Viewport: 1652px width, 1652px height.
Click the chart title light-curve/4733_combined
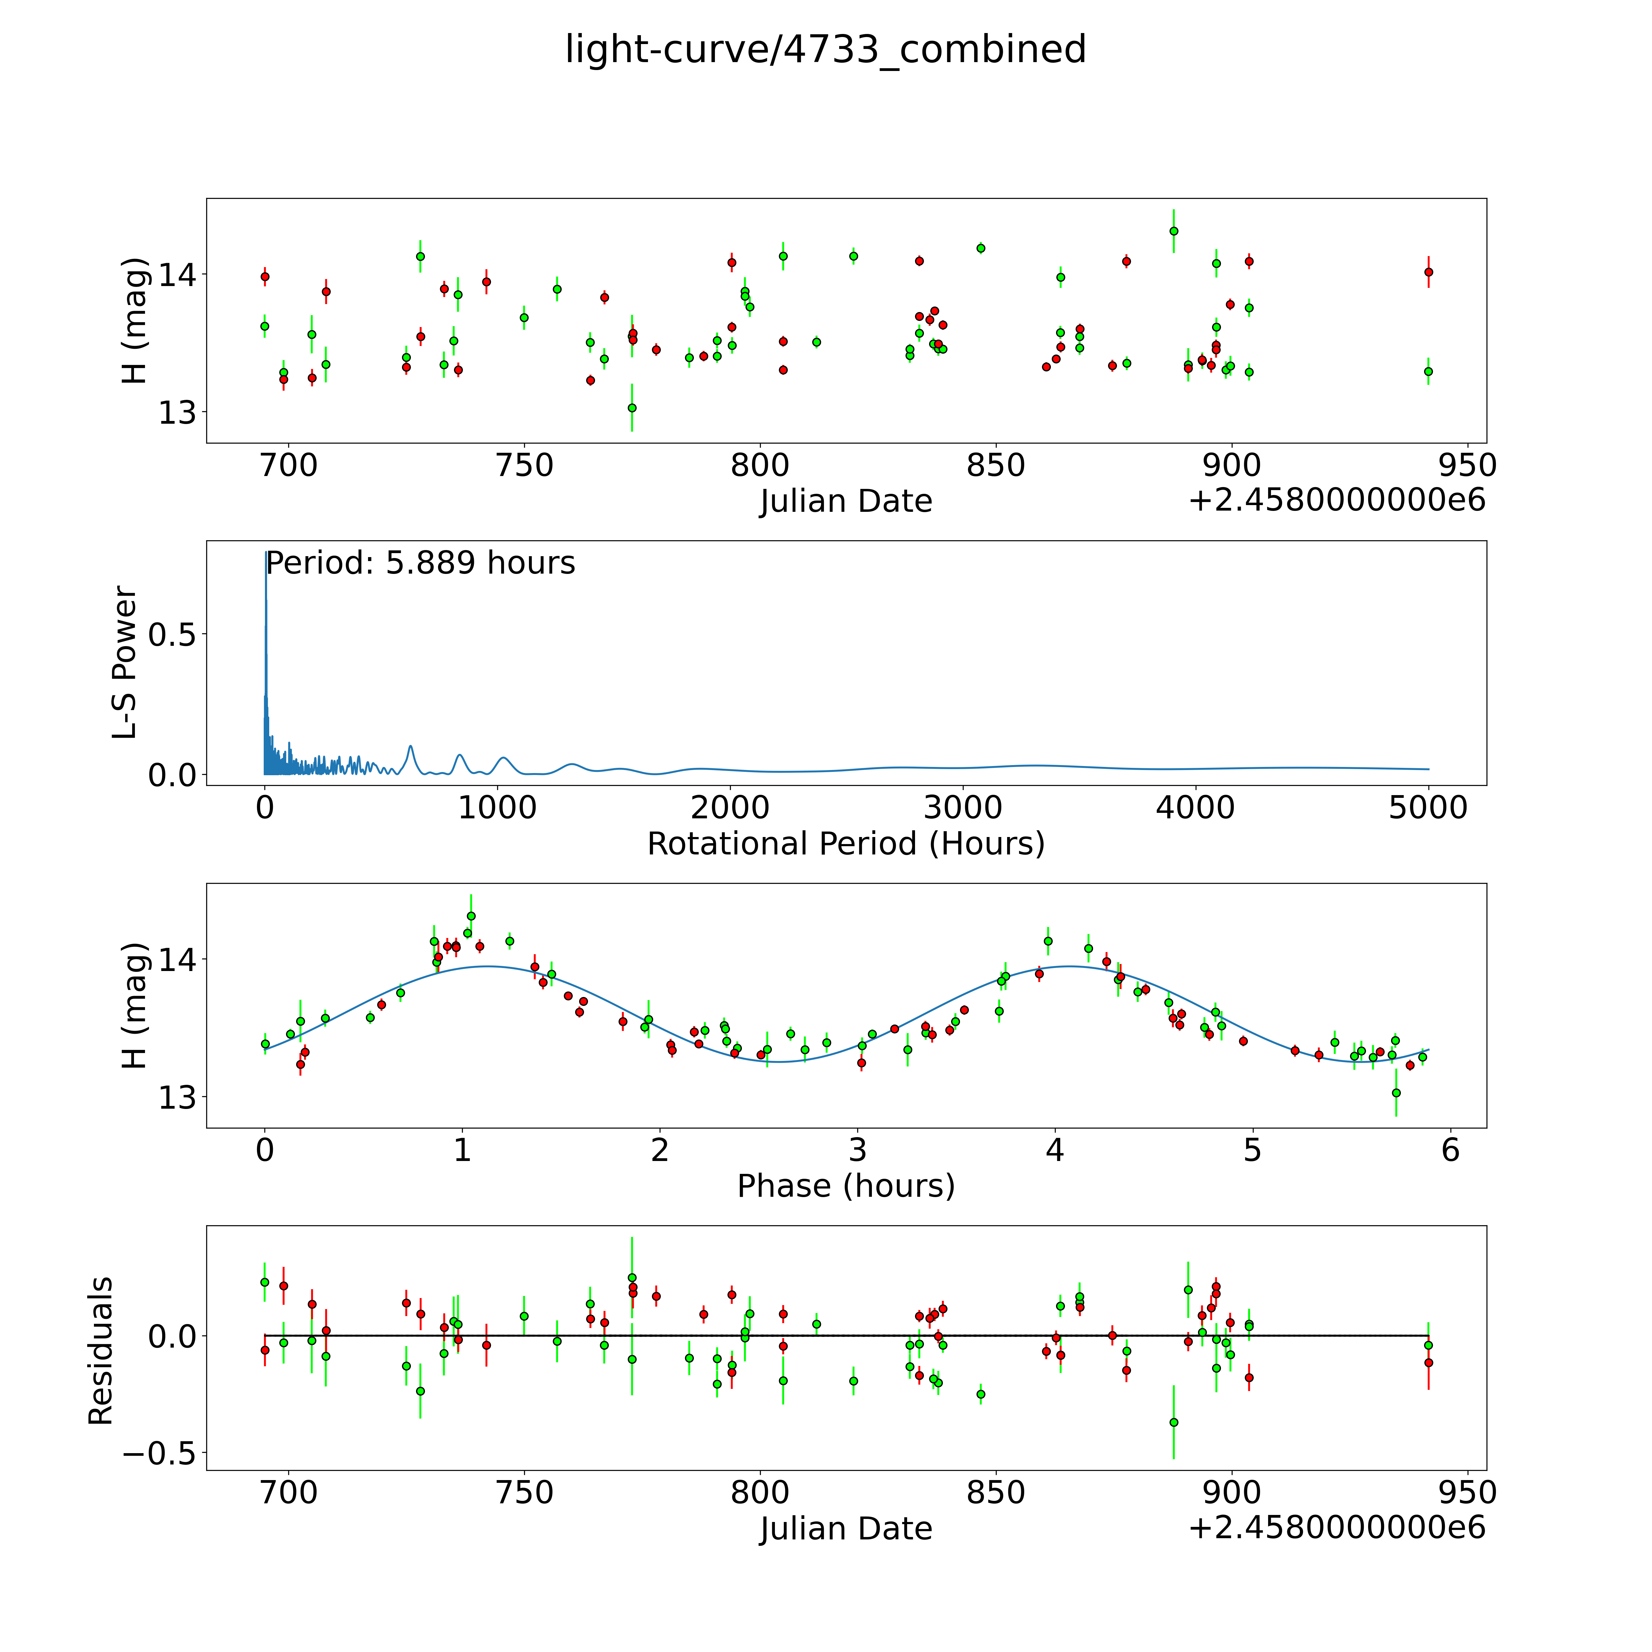pyautogui.click(x=825, y=50)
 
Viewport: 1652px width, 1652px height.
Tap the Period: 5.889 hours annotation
pyautogui.click(x=420, y=564)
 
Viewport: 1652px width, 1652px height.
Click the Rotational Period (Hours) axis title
pyautogui.click(x=846, y=844)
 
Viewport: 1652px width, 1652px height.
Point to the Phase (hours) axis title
pyautogui.click(x=846, y=1186)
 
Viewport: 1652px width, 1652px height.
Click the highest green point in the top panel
pyautogui.click(x=1173, y=231)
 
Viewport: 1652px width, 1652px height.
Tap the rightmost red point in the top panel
pyautogui.click(x=1428, y=272)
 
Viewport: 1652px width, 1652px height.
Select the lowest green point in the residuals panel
pyautogui.click(x=1173, y=1422)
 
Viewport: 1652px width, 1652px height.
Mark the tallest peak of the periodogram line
pyautogui.click(x=266, y=554)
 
